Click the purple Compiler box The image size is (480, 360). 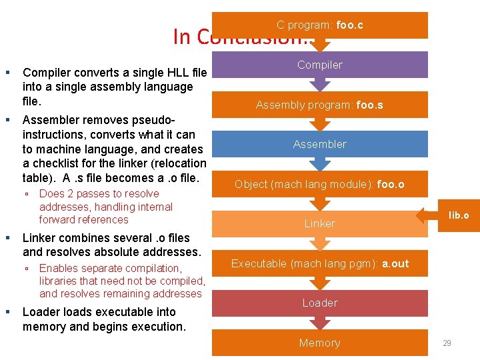(320, 65)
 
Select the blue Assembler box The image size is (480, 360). (320, 144)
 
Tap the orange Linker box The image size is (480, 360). (320, 223)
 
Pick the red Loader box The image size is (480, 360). (320, 303)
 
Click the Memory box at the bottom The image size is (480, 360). (320, 343)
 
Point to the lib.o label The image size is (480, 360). (459, 215)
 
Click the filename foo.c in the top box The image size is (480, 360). (349, 25)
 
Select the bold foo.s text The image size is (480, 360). (370, 105)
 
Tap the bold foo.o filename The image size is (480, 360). (391, 184)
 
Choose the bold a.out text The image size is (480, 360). (395, 263)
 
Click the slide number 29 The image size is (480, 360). (447, 343)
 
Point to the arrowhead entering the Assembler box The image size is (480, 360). (321, 126)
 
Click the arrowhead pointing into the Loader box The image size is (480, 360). (321, 285)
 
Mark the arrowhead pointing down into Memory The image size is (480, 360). (321, 325)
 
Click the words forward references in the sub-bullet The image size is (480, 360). (83, 219)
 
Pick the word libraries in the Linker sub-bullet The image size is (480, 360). (59, 281)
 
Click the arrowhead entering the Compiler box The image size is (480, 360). (321, 47)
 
